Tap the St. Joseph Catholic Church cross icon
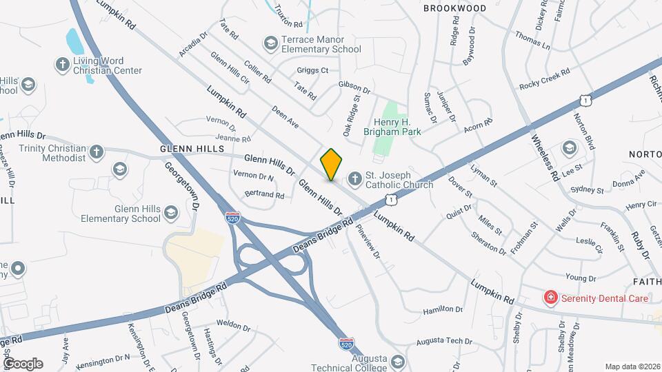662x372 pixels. point(354,179)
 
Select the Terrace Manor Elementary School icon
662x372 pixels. point(270,43)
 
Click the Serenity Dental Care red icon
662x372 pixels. point(550,298)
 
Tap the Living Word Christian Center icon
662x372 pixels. point(61,64)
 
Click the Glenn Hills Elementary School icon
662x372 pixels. point(170,214)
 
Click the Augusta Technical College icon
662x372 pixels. point(397,362)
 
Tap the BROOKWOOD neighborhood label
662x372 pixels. point(454,8)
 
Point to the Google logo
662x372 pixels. point(22,363)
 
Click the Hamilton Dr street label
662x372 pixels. point(441,311)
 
